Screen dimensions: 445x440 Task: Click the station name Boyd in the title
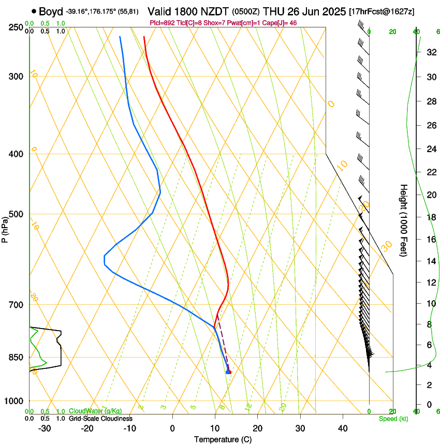pyautogui.click(x=51, y=11)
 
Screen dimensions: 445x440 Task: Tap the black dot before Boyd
pyautogui.click(x=34, y=11)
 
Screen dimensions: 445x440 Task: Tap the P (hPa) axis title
pyautogui.click(x=5, y=228)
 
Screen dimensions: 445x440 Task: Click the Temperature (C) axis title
pyautogui.click(x=223, y=440)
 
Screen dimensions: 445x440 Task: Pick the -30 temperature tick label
pyautogui.click(x=45, y=428)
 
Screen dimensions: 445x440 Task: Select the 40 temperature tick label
pyautogui.click(x=342, y=428)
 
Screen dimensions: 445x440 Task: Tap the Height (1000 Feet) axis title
pyautogui.click(x=404, y=220)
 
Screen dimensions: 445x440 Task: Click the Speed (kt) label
pyautogui.click(x=393, y=419)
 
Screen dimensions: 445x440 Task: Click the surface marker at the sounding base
pyautogui.click(x=228, y=372)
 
